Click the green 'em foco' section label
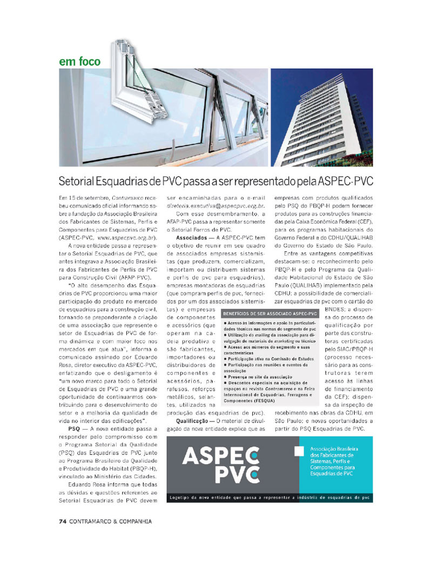coord(79,61)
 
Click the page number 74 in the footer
coord(62,521)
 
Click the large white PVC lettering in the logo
coord(235,475)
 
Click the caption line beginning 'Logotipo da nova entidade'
coord(269,496)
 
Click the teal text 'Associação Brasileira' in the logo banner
coord(334,449)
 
